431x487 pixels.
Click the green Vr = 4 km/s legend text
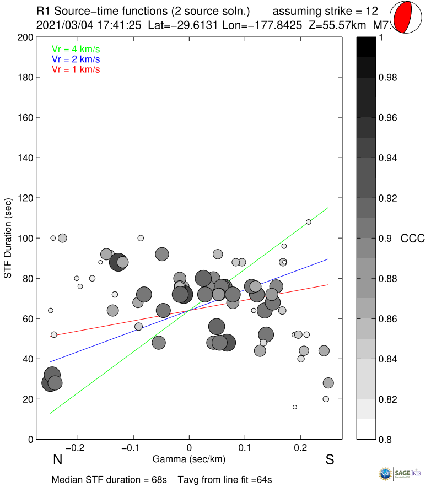[x=76, y=48]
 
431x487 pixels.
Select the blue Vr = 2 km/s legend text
[x=76, y=59]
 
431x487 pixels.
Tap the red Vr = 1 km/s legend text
[x=76, y=69]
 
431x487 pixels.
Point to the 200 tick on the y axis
[x=25, y=37]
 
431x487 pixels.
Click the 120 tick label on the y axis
[x=25, y=198]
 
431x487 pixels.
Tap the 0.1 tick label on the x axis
[x=245, y=447]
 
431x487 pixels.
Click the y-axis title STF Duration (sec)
[x=8, y=238]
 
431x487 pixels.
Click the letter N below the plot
[x=57, y=460]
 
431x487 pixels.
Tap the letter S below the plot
[x=330, y=460]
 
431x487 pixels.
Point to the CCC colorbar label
[x=413, y=239]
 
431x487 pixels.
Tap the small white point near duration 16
[x=295, y=407]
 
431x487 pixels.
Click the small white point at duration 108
[x=309, y=222]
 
